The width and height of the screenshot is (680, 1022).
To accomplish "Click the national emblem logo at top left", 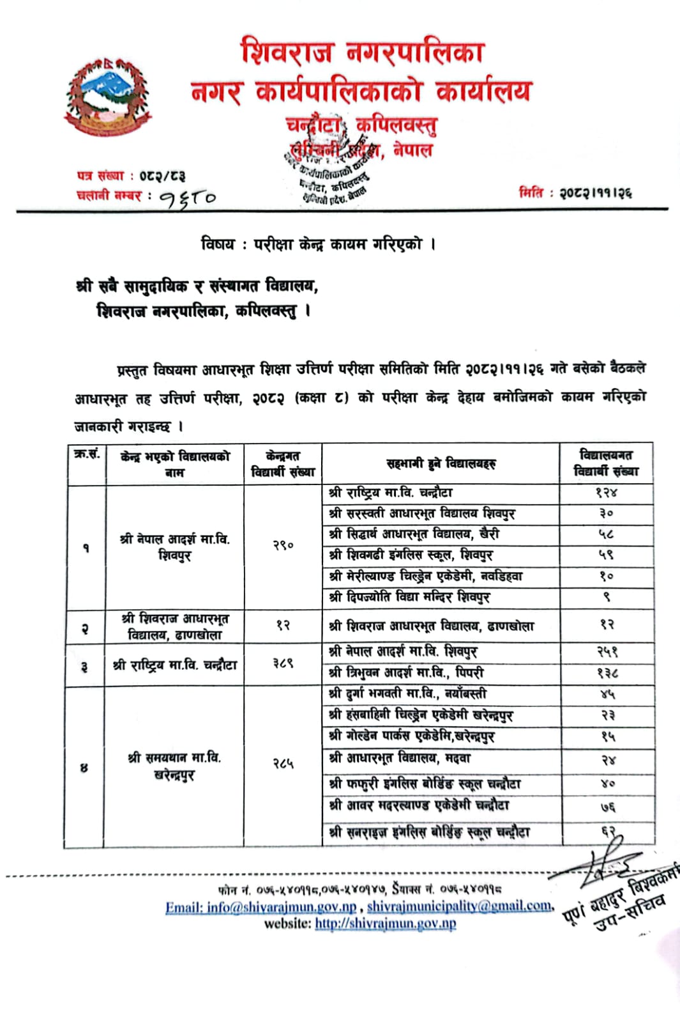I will [x=108, y=97].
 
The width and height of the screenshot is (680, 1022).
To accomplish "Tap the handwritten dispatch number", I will [x=188, y=198].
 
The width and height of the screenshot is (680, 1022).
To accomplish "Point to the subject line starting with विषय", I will [x=317, y=244].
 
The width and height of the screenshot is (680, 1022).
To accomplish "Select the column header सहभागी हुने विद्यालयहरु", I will [x=441, y=463].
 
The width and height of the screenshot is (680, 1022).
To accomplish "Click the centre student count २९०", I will [x=283, y=546].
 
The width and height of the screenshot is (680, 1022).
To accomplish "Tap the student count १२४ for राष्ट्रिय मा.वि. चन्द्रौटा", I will [x=606, y=493].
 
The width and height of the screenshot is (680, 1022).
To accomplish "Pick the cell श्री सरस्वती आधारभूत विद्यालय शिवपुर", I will [x=422, y=513].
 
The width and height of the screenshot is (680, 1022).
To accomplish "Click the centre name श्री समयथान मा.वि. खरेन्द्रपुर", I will [x=174, y=766].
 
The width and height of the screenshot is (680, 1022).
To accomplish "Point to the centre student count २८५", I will [x=283, y=763].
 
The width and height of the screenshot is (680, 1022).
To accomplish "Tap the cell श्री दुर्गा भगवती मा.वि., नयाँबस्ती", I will [x=407, y=693].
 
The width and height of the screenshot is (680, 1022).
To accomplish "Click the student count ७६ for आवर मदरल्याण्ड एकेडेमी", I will [x=607, y=807].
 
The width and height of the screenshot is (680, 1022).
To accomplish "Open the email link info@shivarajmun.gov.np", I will [x=261, y=907].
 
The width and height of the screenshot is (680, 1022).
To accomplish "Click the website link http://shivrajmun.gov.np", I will [x=385, y=924].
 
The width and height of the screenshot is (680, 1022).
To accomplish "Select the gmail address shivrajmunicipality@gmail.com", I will [x=459, y=906].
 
